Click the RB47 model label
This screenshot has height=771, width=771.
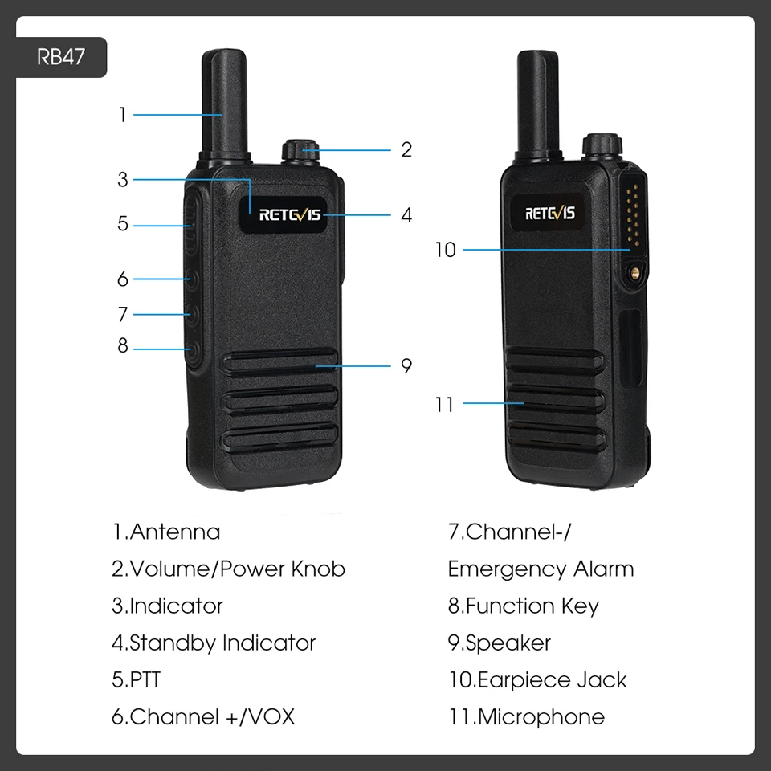61,57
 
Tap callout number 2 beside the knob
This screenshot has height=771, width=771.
406,149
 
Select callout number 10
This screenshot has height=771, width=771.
446,250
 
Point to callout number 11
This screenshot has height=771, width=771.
444,405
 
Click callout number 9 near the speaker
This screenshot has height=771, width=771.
406,365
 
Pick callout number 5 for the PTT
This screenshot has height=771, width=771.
123,224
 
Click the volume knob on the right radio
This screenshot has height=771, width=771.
602,145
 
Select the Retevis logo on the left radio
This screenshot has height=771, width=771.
290,214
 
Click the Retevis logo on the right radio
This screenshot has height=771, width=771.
549,213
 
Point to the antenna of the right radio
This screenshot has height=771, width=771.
537,104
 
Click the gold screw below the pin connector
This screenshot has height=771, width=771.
635,272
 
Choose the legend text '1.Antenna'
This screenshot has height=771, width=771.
166,532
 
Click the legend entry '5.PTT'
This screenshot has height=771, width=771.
137,679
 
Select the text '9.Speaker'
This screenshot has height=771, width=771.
500,642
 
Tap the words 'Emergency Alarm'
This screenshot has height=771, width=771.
541,569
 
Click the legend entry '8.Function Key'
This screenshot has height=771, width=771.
524,606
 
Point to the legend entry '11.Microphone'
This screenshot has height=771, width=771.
527,717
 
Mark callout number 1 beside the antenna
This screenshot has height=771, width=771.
122,115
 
